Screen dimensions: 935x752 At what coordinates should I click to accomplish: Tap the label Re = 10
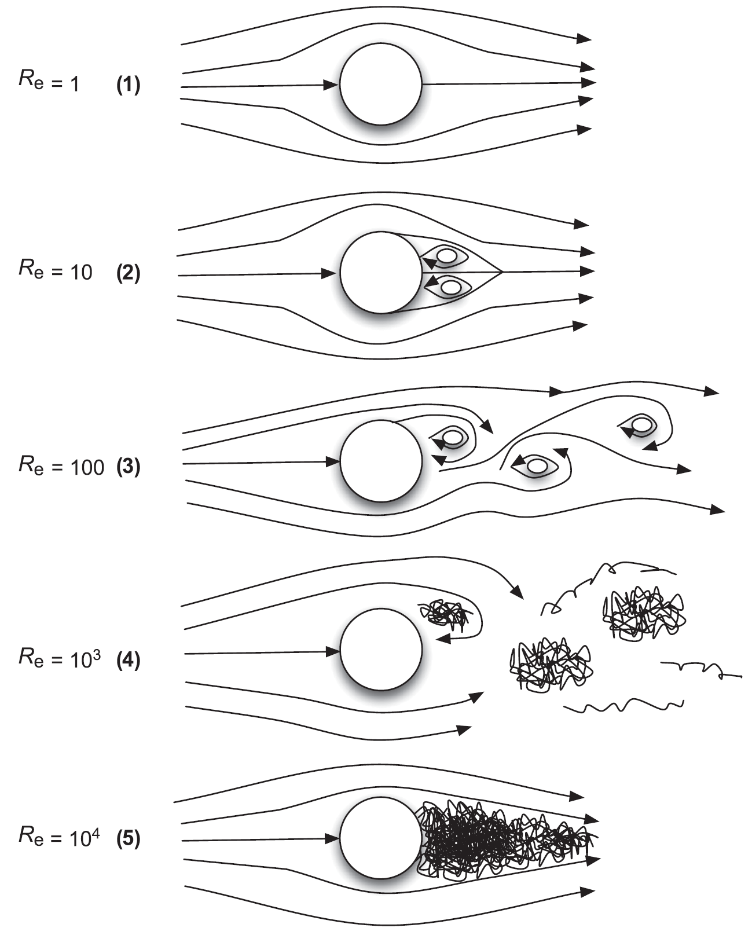[55, 270]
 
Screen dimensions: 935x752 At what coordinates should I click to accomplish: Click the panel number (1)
[128, 85]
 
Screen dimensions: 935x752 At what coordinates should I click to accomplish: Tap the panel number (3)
[128, 467]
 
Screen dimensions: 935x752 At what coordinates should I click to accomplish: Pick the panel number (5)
[128, 839]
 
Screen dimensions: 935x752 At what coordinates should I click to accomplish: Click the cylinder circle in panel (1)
[380, 84]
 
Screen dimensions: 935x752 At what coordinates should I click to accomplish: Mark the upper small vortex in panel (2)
[447, 256]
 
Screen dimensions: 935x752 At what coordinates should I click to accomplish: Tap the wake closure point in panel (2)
[501, 271]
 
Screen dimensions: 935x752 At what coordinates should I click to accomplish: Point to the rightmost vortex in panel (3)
[641, 425]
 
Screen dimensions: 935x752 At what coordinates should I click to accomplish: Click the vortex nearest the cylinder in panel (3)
[453, 438]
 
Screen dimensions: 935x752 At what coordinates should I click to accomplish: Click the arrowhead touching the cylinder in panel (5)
[333, 838]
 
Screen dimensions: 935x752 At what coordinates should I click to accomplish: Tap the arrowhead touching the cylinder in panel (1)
[332, 85]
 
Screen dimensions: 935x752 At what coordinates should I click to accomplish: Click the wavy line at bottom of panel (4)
[624, 706]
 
